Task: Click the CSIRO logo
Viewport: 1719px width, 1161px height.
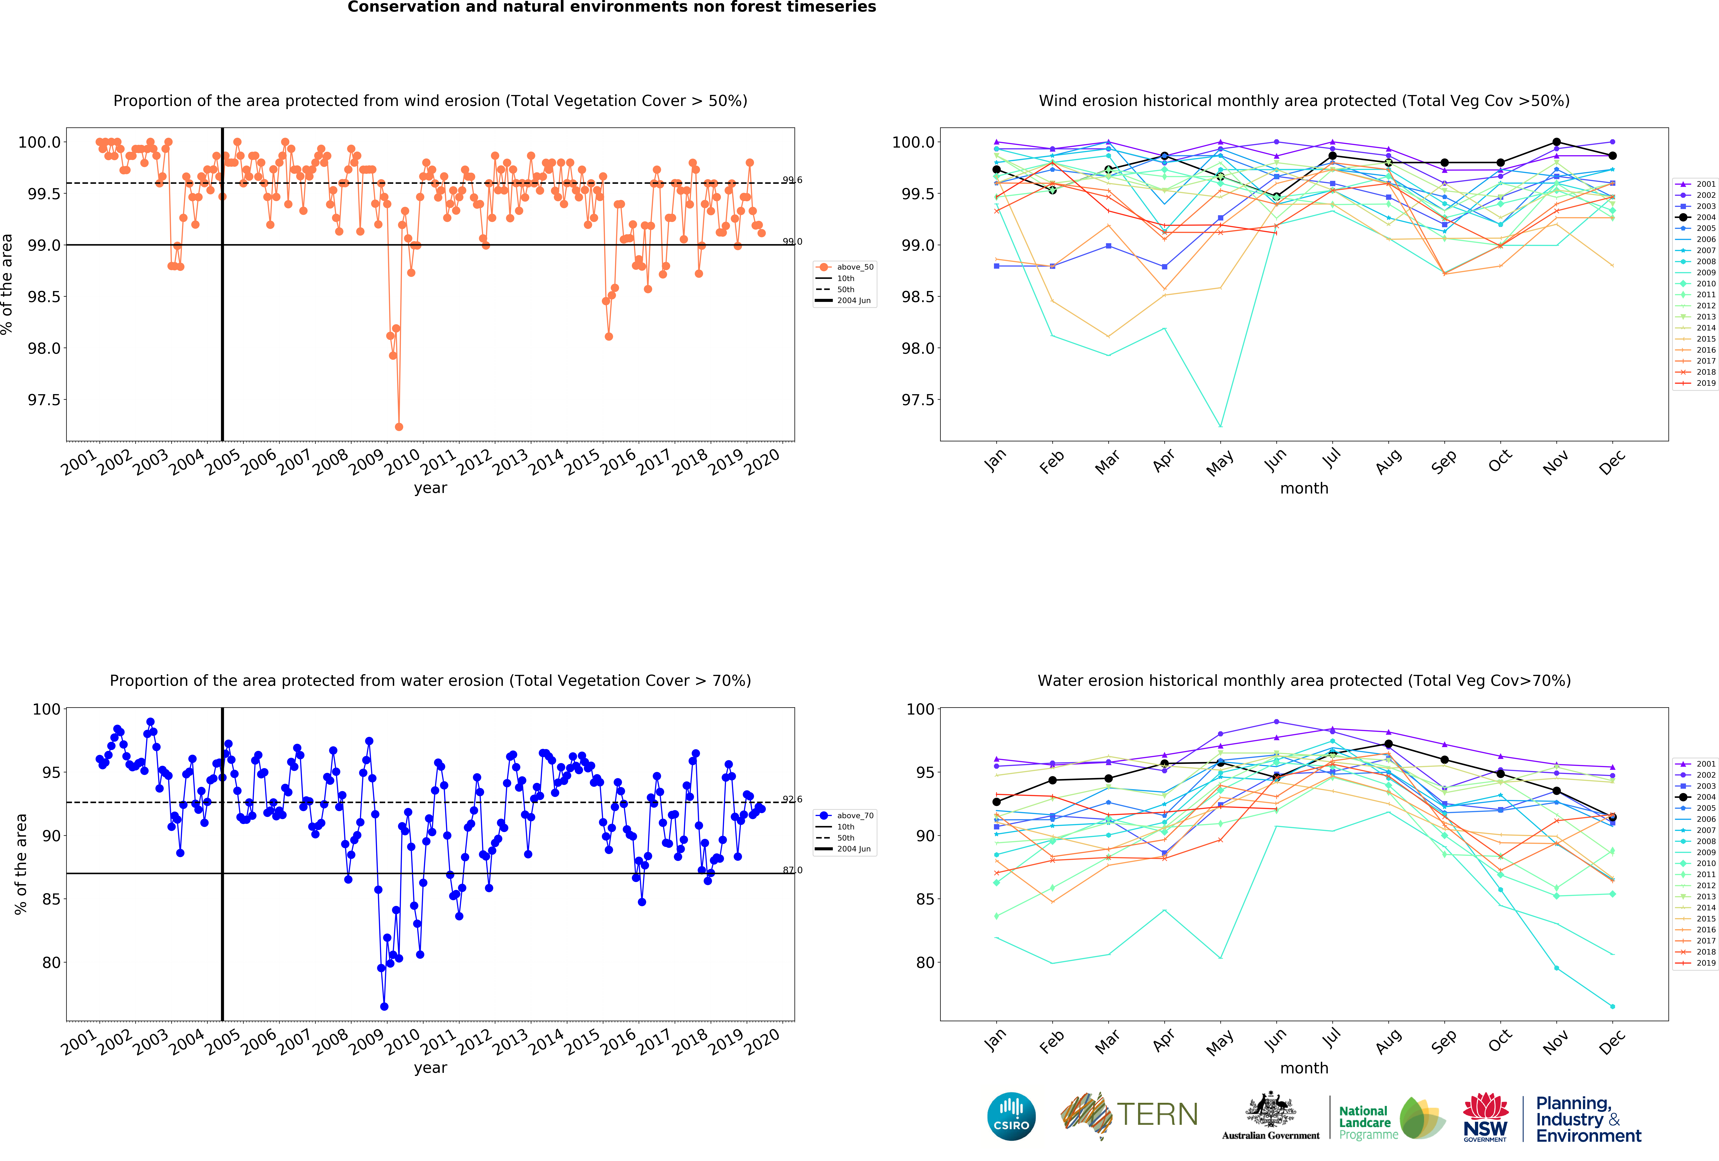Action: point(1011,1116)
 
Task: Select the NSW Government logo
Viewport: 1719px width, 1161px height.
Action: point(1485,1117)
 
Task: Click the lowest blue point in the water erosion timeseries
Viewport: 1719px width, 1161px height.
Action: point(384,1006)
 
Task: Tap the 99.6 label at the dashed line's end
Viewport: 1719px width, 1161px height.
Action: point(792,180)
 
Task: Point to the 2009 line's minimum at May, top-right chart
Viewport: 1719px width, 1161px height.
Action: point(1220,426)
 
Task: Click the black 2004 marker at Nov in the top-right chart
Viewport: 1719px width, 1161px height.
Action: point(1556,142)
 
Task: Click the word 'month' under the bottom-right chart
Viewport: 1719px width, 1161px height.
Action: point(1304,1068)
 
